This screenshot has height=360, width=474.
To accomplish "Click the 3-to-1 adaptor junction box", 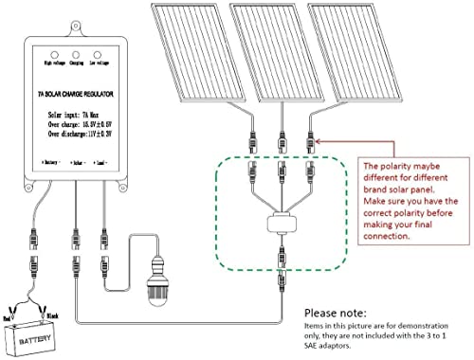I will pyautogui.click(x=280, y=226).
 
